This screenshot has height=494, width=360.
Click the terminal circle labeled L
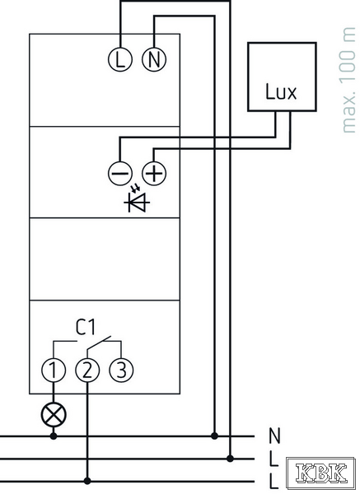pyautogui.click(x=119, y=59)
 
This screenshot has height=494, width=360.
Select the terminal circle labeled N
pyautogui.click(x=154, y=59)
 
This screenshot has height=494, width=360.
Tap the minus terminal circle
pyautogui.click(x=119, y=173)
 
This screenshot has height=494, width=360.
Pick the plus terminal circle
pyautogui.click(x=154, y=173)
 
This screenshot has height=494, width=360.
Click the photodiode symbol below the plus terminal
pyautogui.click(x=137, y=200)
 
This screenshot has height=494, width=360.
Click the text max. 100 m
pyautogui.click(x=348, y=81)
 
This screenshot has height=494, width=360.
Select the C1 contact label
pyautogui.click(x=85, y=327)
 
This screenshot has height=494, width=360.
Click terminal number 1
pyautogui.click(x=54, y=370)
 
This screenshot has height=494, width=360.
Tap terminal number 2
pyautogui.click(x=87, y=370)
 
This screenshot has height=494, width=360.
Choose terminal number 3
pyautogui.click(x=121, y=370)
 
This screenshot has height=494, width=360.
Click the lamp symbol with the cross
pyautogui.click(x=54, y=415)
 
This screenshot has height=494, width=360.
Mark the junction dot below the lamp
pyautogui.click(x=54, y=436)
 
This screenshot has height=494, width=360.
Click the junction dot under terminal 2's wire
pyautogui.click(x=87, y=481)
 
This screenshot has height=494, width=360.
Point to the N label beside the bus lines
pyautogui.click(x=274, y=436)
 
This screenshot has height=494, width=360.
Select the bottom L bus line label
pyautogui.click(x=274, y=482)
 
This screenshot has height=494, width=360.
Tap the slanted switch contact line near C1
pyautogui.click(x=99, y=343)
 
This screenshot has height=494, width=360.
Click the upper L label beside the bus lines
pyautogui.click(x=274, y=459)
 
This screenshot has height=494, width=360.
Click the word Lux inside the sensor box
pyautogui.click(x=281, y=91)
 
